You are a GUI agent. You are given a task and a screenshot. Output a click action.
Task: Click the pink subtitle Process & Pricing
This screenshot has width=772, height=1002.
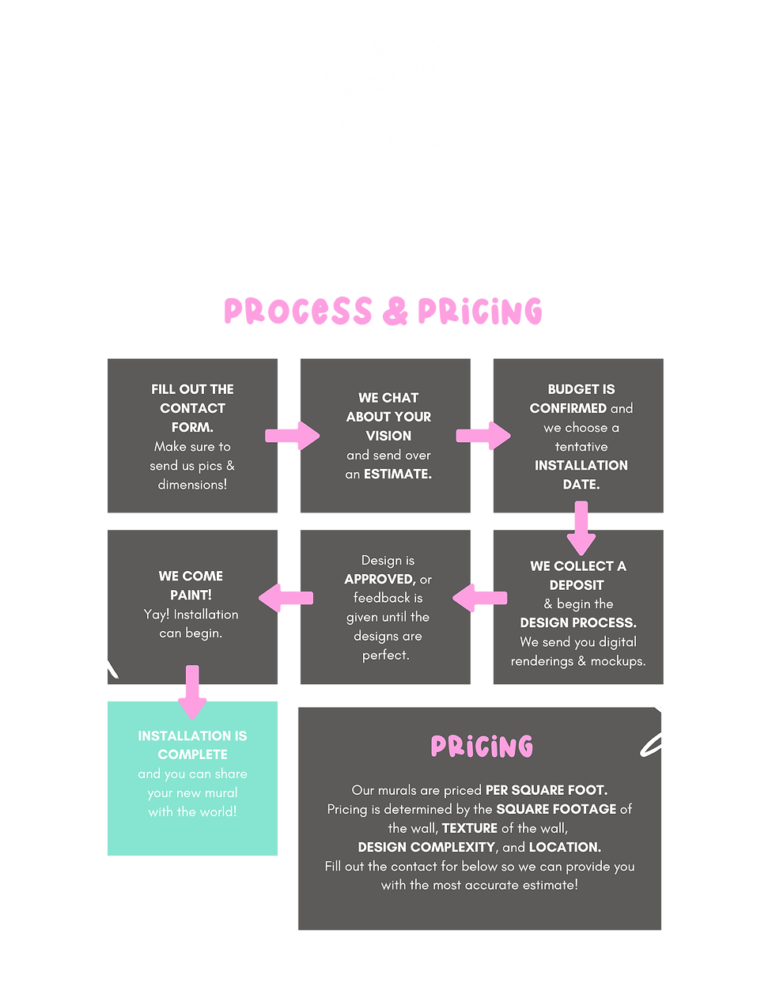tap(383, 312)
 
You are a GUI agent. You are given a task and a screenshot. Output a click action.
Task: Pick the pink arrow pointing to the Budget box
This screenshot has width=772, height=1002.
tap(483, 436)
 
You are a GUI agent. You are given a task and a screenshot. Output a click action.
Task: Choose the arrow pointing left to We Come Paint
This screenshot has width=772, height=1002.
tap(286, 597)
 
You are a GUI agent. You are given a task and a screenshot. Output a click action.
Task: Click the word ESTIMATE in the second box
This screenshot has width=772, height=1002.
tap(398, 475)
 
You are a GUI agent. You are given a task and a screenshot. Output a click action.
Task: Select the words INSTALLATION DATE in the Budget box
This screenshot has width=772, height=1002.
tap(581, 475)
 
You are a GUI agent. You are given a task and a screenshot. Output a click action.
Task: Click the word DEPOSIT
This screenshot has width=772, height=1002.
tap(577, 585)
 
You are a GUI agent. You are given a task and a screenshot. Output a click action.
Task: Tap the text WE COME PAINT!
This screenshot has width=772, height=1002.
tap(191, 585)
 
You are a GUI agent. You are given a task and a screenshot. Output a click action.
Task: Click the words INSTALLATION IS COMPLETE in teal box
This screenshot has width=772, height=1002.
tap(192, 745)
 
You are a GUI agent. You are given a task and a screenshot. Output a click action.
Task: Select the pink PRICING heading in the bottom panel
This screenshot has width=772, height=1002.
tap(482, 747)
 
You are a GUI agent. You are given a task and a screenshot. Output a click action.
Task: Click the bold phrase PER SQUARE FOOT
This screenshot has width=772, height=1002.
tap(546, 790)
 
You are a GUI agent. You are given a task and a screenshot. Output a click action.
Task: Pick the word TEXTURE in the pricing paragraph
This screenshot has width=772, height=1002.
tap(470, 828)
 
